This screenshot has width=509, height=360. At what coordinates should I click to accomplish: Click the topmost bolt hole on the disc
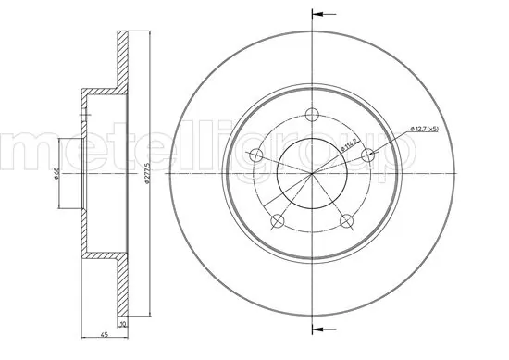311,115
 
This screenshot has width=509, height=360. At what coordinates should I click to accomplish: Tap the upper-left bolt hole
259,154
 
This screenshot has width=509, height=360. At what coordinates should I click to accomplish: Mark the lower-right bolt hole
344,220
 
